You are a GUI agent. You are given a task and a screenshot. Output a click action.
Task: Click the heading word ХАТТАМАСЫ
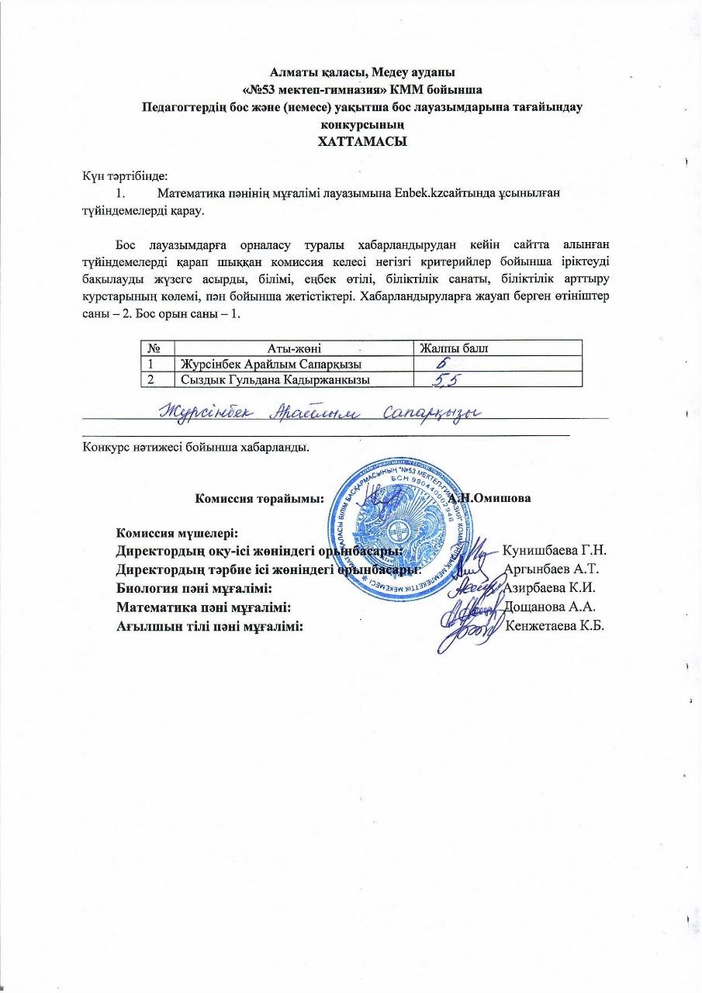click(x=351, y=142)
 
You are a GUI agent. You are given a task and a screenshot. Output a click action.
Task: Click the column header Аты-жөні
click(x=294, y=348)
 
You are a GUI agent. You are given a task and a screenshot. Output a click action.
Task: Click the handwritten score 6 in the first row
click(x=442, y=362)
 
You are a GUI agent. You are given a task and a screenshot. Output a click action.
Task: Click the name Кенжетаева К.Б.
click(x=554, y=626)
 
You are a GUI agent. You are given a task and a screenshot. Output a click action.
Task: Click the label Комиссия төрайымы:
click(x=259, y=498)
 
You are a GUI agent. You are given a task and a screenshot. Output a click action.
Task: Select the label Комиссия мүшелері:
click(x=177, y=534)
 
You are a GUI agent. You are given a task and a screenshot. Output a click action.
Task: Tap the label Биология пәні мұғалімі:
click(x=193, y=588)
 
